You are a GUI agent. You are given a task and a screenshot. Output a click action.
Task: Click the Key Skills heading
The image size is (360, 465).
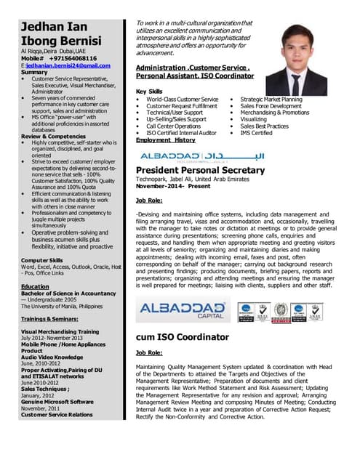coord(150,90)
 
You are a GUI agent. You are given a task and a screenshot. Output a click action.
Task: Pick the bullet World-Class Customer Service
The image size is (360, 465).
coord(183,99)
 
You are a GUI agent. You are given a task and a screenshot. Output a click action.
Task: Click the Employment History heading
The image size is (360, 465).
coord(166,139)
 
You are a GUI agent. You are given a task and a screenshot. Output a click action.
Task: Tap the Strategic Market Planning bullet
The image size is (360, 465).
coord(271,99)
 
